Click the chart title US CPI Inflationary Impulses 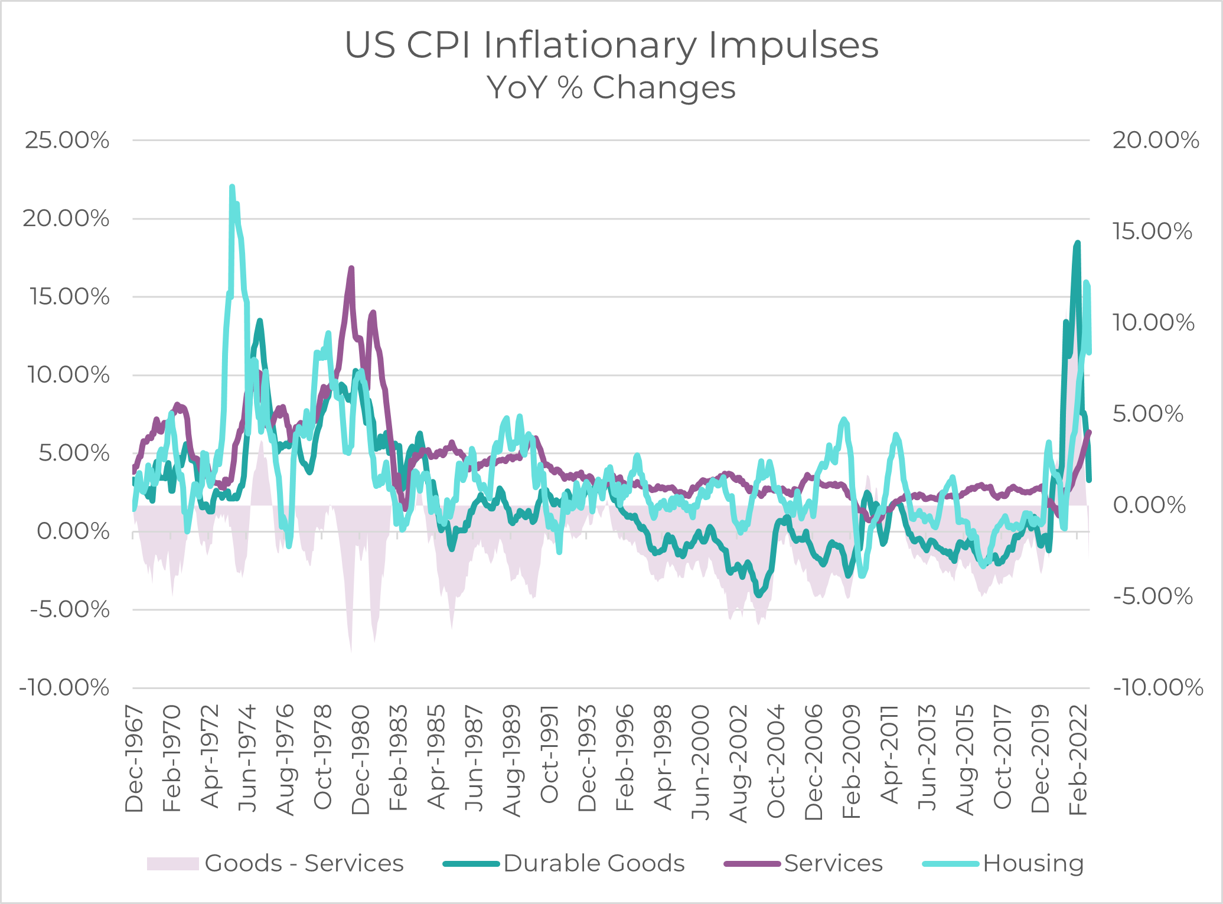pyautogui.click(x=611, y=45)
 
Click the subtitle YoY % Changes pyautogui.click(x=611, y=88)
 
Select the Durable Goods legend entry pyautogui.click(x=593, y=863)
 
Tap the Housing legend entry pyautogui.click(x=1033, y=863)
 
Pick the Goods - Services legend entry pyautogui.click(x=304, y=863)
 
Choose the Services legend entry pyautogui.click(x=833, y=863)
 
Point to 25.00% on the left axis pyautogui.click(x=67, y=141)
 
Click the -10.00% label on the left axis pyautogui.click(x=64, y=688)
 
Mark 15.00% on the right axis pyautogui.click(x=1152, y=231)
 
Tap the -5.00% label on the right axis pyautogui.click(x=1153, y=596)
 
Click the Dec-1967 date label pyautogui.click(x=135, y=759)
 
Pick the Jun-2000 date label pyautogui.click(x=701, y=762)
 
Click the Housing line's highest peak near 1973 pyautogui.click(x=232, y=187)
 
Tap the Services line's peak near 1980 pyautogui.click(x=351, y=269)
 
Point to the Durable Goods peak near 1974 pyautogui.click(x=259, y=321)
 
